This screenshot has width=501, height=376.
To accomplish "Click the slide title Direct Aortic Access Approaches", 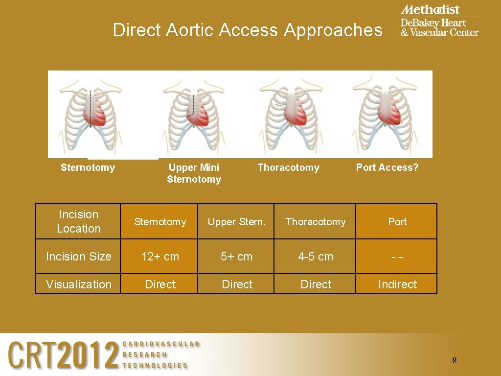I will pos(247,30).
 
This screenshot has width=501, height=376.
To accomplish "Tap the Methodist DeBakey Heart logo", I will pos(439,21).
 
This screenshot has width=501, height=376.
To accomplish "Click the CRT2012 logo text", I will pos(64,354).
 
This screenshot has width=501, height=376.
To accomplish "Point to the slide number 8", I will pos(454,361).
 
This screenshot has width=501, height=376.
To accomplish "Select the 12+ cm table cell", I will pos(160,256).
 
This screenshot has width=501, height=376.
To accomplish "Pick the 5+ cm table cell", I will pos(237,256).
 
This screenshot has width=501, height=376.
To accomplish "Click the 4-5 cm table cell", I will pos(316,256).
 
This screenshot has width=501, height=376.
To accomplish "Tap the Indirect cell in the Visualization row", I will pos(397,284).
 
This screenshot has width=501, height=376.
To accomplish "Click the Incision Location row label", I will pos(78,221).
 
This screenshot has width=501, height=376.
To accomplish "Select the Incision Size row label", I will pos(78,256).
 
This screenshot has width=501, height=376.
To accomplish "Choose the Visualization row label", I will pos(78,284).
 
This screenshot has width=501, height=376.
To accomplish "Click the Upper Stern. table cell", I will pos(237,222).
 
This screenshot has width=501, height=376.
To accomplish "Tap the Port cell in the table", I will pos(397,222).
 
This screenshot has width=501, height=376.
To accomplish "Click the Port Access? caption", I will pos(387,167).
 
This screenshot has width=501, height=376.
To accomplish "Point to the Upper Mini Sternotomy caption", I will pos(194,173).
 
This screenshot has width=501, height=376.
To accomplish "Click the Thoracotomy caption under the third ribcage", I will pos(288,167).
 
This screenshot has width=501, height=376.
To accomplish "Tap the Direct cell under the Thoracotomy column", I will pos(316,284).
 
